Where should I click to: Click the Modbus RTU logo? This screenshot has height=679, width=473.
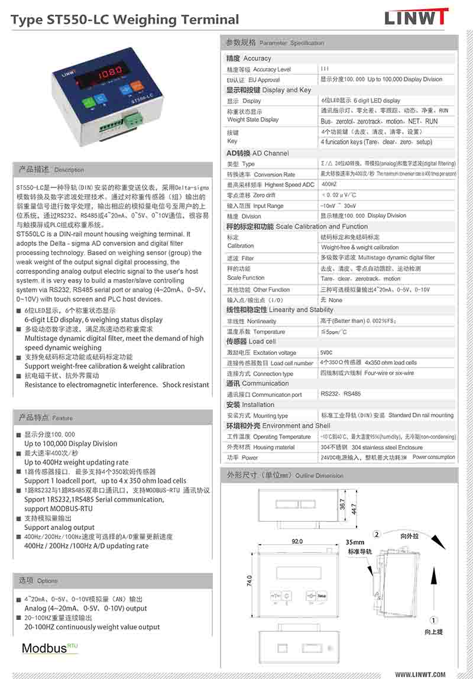tap(50, 648)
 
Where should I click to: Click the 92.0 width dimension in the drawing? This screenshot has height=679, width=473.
tap(297, 541)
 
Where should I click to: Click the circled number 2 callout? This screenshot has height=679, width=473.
tap(377, 535)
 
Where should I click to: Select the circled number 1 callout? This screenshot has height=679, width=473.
tap(433, 620)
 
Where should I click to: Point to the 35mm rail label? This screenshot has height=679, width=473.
tap(355, 542)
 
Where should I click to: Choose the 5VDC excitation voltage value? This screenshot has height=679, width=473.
tap(326, 353)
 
